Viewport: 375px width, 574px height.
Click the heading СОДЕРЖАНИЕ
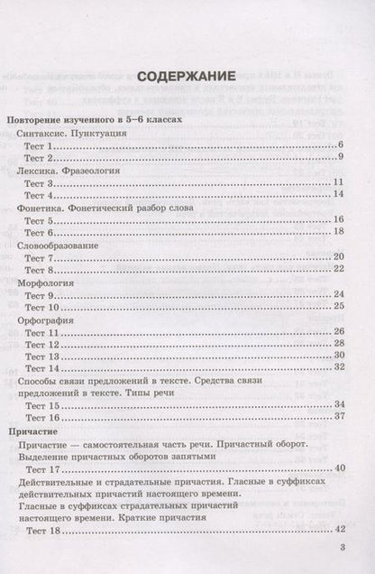[187, 75]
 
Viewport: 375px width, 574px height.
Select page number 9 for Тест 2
[343, 158]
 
